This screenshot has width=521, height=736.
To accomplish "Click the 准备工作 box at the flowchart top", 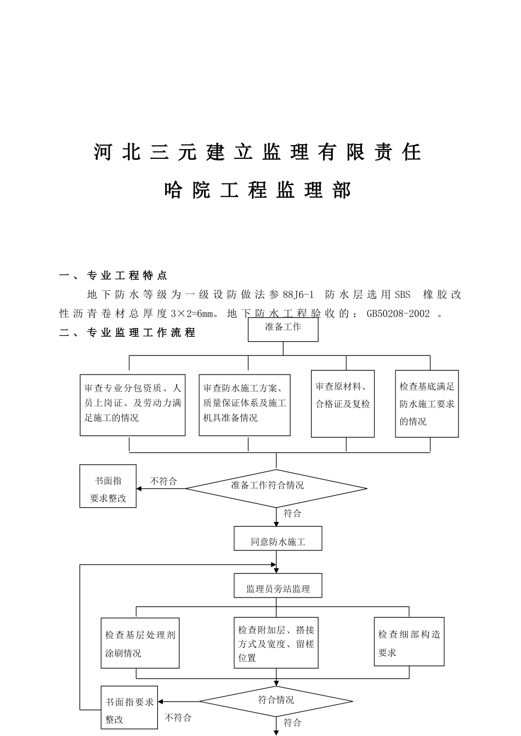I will pos(283,329).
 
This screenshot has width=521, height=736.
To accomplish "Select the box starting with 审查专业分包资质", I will pos(132,405).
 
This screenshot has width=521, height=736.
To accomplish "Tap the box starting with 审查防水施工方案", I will pos(245,405).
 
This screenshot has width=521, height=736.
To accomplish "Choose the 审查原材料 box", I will pos(343,404).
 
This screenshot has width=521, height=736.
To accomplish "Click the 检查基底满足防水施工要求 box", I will pos(427,404).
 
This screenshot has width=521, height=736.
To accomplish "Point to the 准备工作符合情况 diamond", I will pos(276,488).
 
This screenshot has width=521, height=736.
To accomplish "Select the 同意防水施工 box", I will pos(278,539).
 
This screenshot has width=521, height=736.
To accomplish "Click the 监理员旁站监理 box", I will pos(278,586).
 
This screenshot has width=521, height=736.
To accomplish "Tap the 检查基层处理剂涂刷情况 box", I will pos(140,643).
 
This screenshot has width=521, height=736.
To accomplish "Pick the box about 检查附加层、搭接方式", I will pos(276,643).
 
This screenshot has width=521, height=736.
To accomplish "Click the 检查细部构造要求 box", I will pos(409,642).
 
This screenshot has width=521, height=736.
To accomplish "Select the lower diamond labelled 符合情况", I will pos(276,701).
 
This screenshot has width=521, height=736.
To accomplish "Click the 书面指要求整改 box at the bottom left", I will pos(129,708).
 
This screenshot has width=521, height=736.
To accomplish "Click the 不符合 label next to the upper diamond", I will pos(163,481).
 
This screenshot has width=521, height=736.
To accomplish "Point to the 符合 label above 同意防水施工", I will pos(292,514).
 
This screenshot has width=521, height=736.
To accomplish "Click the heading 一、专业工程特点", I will pos(114,275).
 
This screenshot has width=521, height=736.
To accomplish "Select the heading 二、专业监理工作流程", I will pos(127,332).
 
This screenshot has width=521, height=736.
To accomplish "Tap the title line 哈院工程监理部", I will pos(258,190).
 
